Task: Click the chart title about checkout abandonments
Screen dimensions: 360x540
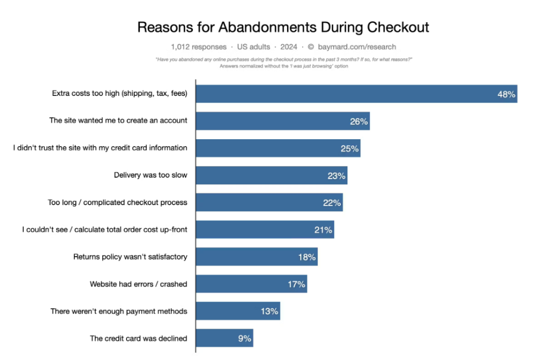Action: coord(283,27)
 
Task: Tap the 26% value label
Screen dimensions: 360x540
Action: coord(359,121)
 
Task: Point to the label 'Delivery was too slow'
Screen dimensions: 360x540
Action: coord(150,175)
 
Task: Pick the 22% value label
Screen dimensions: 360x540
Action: coord(332,203)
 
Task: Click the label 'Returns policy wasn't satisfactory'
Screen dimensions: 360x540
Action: coord(130,257)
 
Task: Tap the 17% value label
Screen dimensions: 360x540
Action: coord(296,285)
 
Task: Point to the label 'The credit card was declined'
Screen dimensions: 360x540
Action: coord(138,338)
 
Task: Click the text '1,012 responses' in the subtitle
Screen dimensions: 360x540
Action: coord(199,47)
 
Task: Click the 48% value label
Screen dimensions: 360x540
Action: coord(506,94)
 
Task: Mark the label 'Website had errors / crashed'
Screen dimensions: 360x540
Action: coord(138,285)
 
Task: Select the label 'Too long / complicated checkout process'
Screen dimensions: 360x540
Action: coord(118,202)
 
